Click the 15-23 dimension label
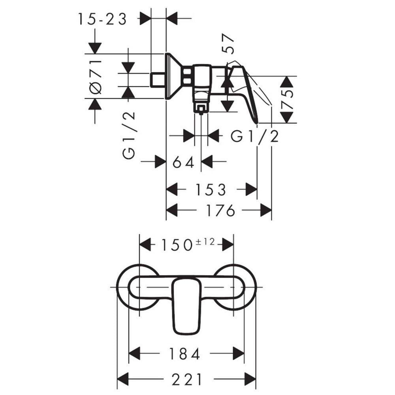(102, 19)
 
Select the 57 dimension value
(228, 44)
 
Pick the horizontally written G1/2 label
(255, 137)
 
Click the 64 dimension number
(184, 162)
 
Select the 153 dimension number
(211, 190)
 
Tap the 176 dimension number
(220, 211)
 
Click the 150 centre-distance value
(177, 245)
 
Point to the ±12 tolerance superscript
(205, 242)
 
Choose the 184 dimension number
(184, 354)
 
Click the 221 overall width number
(187, 379)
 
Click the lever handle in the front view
(186, 307)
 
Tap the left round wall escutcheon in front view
(138, 287)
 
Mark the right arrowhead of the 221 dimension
(250, 379)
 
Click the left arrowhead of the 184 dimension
(135, 353)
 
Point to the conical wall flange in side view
(173, 76)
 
